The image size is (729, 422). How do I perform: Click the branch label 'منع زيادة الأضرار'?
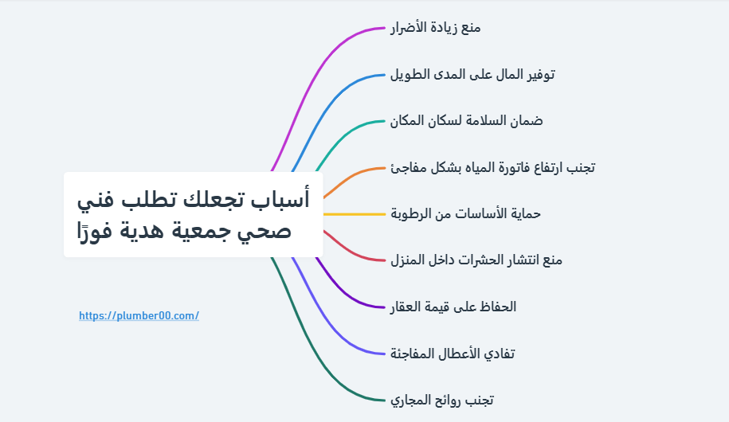pyautogui.click(x=435, y=28)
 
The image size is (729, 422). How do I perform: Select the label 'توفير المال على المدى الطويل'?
pyautogui.click(x=472, y=74)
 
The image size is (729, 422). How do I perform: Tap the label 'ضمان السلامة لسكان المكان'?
pyautogui.click(x=466, y=121)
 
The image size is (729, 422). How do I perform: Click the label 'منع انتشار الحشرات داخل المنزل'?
pyautogui.click(x=476, y=260)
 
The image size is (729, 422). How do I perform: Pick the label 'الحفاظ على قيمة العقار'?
pyautogui.click(x=453, y=307)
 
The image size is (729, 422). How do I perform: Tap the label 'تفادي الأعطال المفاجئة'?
pyautogui.click(x=452, y=353)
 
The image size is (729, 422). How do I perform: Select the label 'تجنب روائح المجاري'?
pyautogui.click(x=441, y=400)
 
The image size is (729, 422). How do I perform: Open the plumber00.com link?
pyautogui.click(x=139, y=316)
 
